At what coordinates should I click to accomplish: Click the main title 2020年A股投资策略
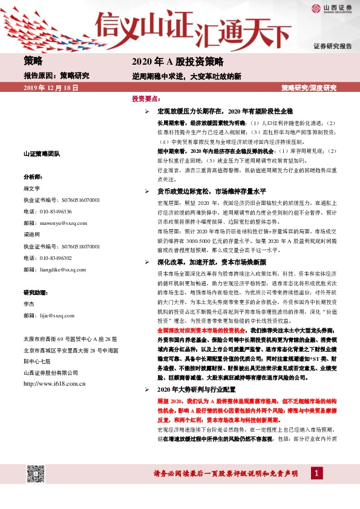coord(178,62)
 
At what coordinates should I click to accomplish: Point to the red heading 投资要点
coord(145,98)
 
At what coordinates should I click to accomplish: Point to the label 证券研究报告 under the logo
coord(332,47)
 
